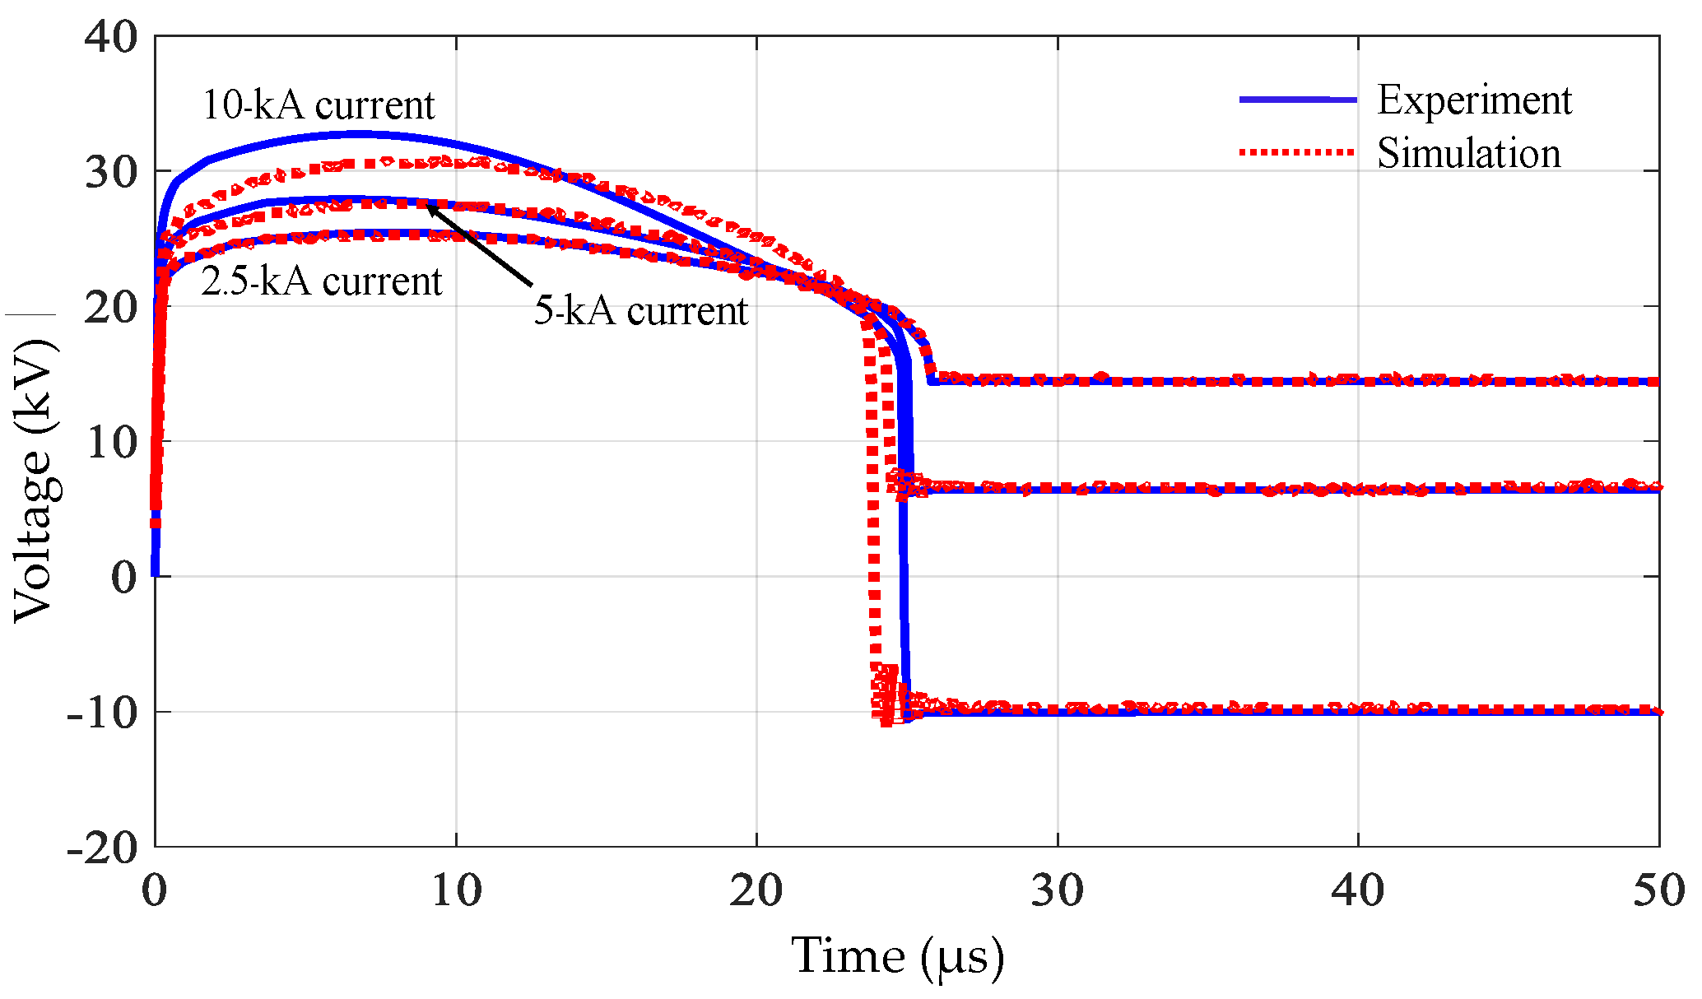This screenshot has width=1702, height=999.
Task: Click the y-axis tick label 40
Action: click(x=110, y=38)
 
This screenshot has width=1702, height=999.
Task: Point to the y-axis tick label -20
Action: click(x=102, y=848)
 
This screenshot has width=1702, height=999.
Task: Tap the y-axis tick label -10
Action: click(x=102, y=713)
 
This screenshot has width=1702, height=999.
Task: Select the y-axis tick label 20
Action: click(x=110, y=309)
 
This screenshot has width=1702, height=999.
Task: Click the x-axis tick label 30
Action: click(x=1057, y=891)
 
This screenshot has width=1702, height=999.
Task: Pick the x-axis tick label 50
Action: click(x=1658, y=891)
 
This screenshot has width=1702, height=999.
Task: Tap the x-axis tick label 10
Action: click(x=456, y=891)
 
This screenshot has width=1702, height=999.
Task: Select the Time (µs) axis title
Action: click(x=897, y=957)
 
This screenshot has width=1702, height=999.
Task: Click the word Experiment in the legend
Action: click(x=1473, y=100)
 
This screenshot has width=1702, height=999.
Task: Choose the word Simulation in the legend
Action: click(x=1468, y=154)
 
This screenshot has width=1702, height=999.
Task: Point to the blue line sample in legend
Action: click(x=1297, y=100)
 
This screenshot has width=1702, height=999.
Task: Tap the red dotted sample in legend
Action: click(x=1297, y=152)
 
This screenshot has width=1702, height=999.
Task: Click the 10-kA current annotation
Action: click(x=318, y=105)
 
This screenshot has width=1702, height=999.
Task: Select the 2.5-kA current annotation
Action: click(x=321, y=282)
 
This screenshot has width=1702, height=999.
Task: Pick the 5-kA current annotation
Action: click(x=640, y=311)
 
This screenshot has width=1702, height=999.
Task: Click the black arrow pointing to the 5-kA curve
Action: click(x=480, y=245)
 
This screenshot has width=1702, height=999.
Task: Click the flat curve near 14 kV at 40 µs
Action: click(x=1357, y=381)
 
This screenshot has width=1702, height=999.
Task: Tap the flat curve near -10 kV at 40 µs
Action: click(x=1357, y=710)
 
